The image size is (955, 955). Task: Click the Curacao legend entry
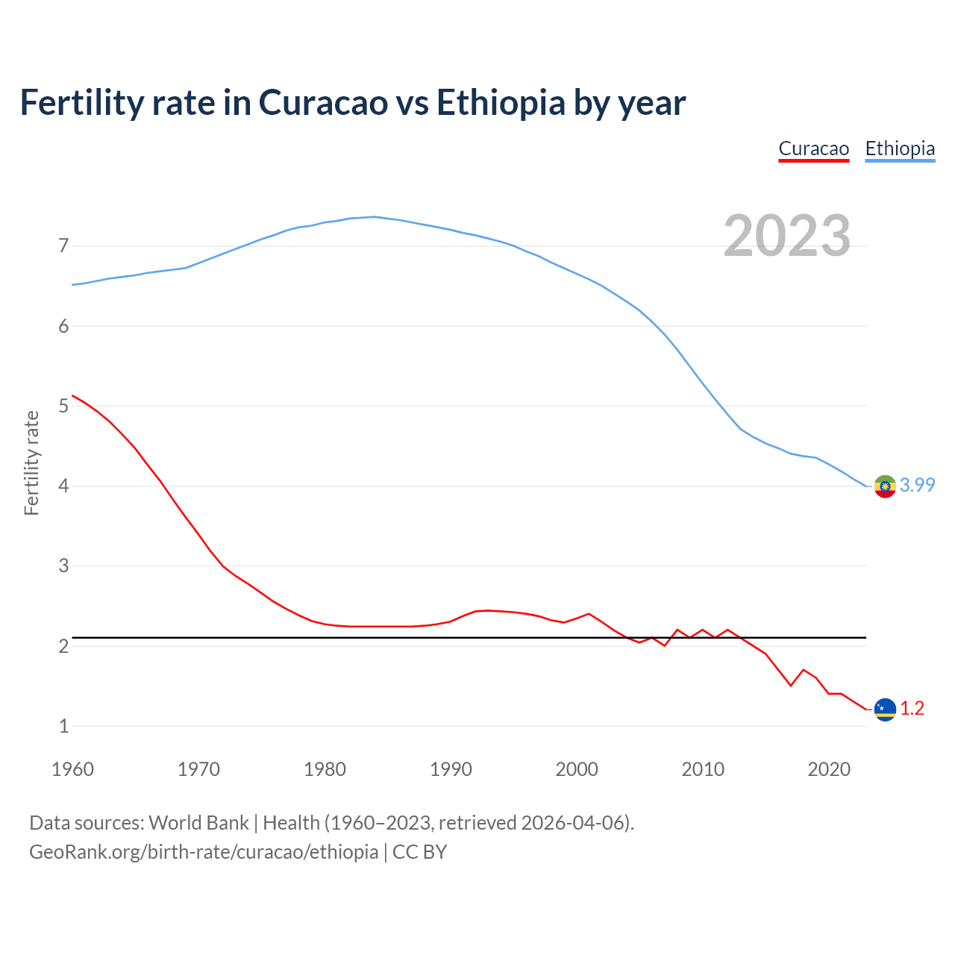coord(813,148)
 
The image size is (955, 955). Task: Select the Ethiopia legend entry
coord(900,148)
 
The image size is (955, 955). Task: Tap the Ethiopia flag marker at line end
coord(885,486)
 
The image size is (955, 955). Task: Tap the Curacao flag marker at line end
coord(885,709)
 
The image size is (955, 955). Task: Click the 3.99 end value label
coord(917,485)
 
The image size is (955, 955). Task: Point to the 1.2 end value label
coord(912,708)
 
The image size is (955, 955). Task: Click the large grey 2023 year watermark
coord(787,236)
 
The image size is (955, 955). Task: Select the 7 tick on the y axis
coord(63,245)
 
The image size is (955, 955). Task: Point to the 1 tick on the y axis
coord(63,725)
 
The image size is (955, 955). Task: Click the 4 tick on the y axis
coord(63,486)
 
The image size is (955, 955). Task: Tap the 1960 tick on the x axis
coord(72,769)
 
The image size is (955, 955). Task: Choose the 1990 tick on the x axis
coord(451,769)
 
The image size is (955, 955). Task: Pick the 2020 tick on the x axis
coord(829,769)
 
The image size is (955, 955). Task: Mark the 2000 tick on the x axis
coord(577,769)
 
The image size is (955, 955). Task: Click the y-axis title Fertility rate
coord(31,463)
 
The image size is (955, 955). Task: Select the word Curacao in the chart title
coord(323,102)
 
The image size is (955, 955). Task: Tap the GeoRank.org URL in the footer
coord(203,851)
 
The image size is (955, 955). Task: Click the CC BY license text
coord(419,851)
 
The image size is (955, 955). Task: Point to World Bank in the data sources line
coord(198,822)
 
